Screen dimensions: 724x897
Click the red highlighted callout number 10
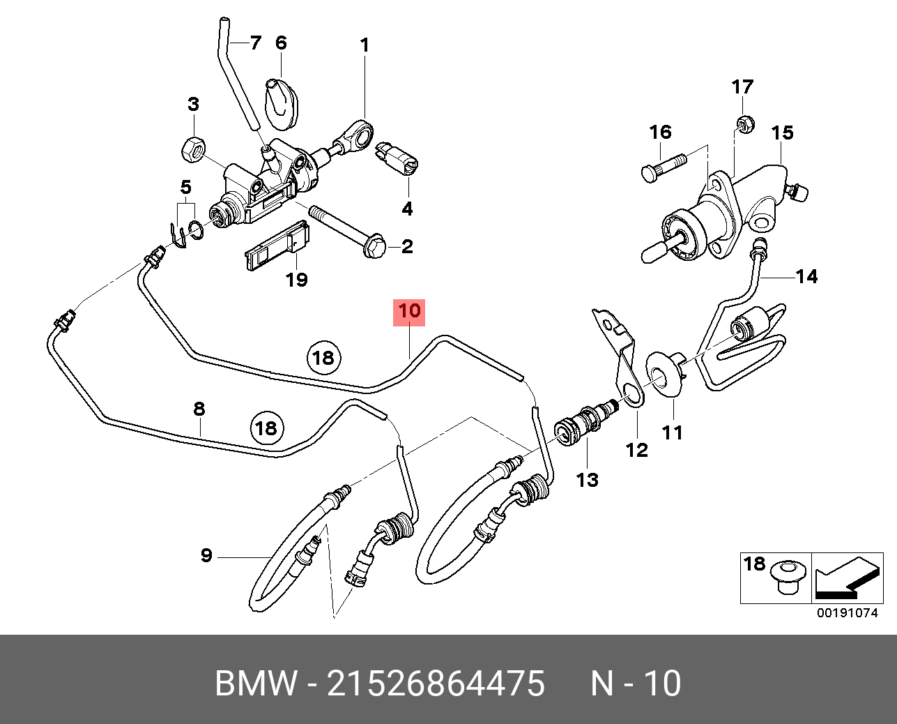(x=409, y=311)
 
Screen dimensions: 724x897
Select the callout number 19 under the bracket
(x=296, y=280)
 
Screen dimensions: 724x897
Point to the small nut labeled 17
(x=744, y=124)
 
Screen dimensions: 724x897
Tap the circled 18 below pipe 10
(x=323, y=359)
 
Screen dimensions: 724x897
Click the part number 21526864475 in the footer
(x=436, y=684)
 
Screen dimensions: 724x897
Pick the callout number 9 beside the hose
(x=206, y=556)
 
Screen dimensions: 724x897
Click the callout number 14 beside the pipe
(x=806, y=277)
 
